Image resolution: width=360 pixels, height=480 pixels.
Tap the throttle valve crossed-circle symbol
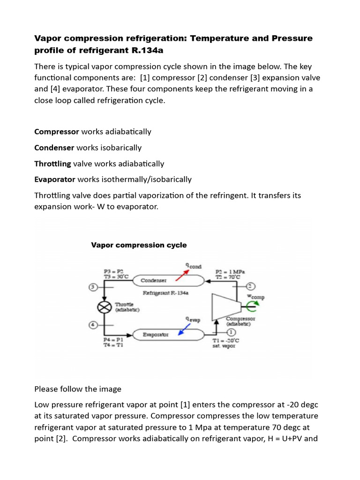104,307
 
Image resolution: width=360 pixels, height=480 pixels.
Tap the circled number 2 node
250,286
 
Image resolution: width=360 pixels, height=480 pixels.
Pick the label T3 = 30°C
114,277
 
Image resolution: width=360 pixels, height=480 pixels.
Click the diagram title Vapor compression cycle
139,245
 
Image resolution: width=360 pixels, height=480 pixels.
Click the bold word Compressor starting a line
57,132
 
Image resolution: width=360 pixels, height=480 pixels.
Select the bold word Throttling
53,164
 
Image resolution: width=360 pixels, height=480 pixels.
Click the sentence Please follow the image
78,389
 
